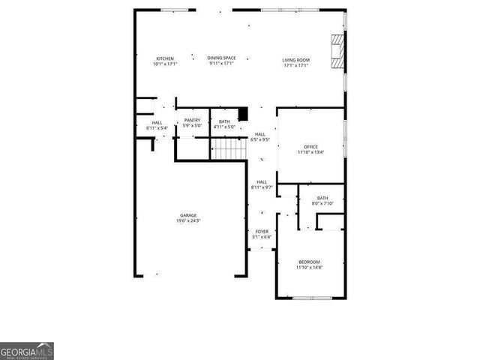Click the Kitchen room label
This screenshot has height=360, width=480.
pyautogui.click(x=165, y=58)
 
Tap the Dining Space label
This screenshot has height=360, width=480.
pyautogui.click(x=222, y=58)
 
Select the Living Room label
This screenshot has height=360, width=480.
pyautogui.click(x=296, y=59)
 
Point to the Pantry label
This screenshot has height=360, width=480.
pyautogui.click(x=192, y=121)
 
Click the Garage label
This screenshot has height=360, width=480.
pyautogui.click(x=187, y=215)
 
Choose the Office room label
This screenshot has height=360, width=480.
pyautogui.click(x=311, y=146)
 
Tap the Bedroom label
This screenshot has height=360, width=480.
pyautogui.click(x=308, y=262)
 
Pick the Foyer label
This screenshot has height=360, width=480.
pyautogui.click(x=262, y=232)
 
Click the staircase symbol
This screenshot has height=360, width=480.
pyautogui.click(x=229, y=151)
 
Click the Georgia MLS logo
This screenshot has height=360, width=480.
pyautogui.click(x=27, y=351)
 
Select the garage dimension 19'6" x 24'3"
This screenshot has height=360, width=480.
pyautogui.click(x=188, y=220)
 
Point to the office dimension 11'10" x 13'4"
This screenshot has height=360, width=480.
pyautogui.click(x=311, y=152)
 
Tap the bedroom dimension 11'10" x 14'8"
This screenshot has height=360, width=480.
pyautogui.click(x=308, y=267)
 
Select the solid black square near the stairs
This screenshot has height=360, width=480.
pyautogui.click(x=242, y=114)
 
